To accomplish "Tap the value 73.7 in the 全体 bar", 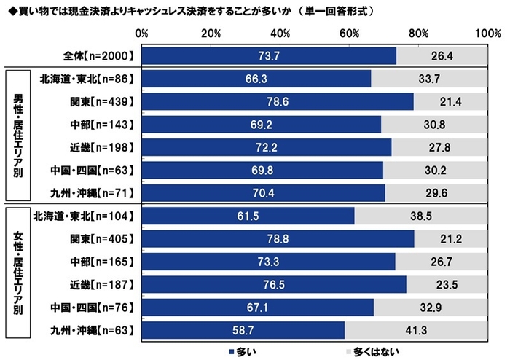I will (x=269, y=56).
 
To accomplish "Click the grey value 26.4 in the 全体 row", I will (x=442, y=56).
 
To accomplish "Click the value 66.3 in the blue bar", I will (x=256, y=79).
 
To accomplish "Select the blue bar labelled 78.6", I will (x=278, y=101).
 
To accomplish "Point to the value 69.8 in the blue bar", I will (x=262, y=171).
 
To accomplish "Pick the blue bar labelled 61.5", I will (x=248, y=216).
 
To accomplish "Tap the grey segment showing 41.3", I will (x=416, y=331).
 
